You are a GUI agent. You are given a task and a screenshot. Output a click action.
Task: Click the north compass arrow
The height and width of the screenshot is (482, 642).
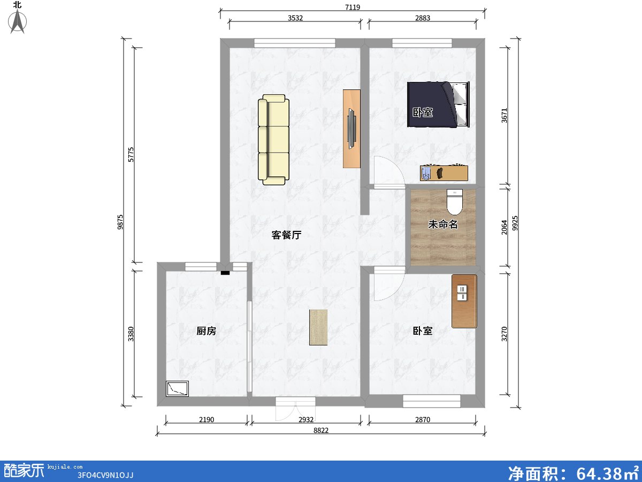[18, 21]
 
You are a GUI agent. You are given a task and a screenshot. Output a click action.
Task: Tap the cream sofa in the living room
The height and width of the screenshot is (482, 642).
[273, 140]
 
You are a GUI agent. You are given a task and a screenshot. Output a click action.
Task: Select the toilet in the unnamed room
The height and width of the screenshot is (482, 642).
[455, 202]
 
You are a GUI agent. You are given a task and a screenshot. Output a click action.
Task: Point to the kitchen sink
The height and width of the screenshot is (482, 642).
[177, 389]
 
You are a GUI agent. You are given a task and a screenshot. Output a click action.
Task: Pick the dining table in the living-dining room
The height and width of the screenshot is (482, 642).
[318, 327]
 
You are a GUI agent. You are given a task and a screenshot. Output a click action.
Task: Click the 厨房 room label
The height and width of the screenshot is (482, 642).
[206, 331]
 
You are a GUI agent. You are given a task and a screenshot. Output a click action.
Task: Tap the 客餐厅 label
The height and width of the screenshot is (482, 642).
[286, 235]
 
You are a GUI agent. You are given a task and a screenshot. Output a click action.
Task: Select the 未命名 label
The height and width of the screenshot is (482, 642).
[443, 224]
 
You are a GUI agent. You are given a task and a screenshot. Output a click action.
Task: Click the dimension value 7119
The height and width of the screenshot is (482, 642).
[353, 7]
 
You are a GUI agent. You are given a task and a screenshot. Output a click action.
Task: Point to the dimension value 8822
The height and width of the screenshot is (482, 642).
[321, 430]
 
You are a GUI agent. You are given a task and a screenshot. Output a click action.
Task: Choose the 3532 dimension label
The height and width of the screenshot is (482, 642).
[295, 18]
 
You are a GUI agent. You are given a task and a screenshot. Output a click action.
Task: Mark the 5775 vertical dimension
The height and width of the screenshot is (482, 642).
[131, 155]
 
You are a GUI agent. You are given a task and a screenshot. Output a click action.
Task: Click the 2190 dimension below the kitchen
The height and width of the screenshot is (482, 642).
[207, 420]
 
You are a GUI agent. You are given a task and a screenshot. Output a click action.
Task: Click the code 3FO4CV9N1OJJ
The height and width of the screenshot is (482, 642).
[105, 475]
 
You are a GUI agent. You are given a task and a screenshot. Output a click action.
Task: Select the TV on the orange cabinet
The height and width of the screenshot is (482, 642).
[351, 129]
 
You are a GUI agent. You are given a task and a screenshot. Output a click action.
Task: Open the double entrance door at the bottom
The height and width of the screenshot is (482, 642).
[295, 409]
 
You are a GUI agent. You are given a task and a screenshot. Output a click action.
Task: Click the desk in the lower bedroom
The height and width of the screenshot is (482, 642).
[464, 301]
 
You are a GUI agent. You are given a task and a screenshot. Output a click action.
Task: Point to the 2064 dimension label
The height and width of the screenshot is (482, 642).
[505, 227]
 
